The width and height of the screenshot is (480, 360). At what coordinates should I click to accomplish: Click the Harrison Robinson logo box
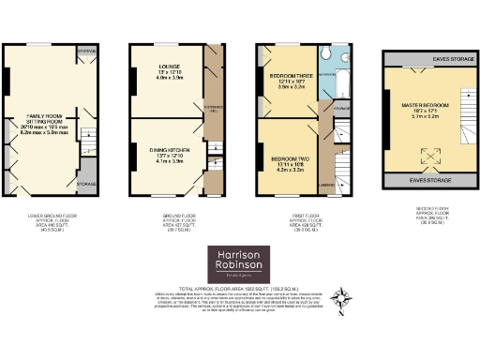click(239, 262)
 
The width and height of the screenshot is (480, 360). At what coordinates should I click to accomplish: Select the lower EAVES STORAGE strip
click(427, 179)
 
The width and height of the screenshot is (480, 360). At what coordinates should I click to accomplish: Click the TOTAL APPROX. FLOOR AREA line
click(239, 289)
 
